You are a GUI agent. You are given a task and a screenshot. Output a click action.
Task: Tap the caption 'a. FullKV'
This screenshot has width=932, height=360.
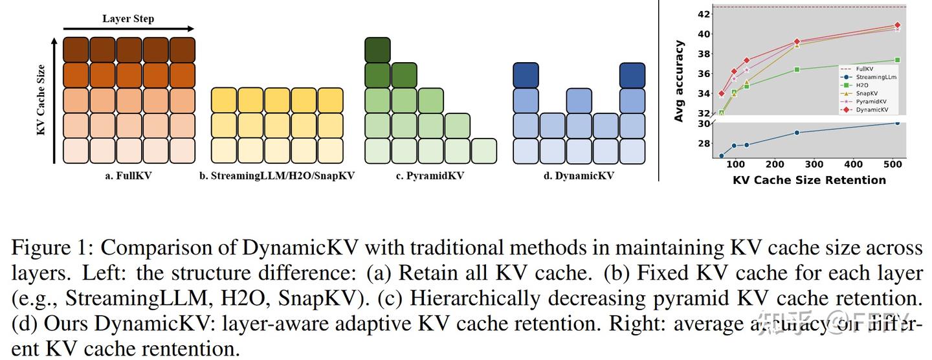click(128, 175)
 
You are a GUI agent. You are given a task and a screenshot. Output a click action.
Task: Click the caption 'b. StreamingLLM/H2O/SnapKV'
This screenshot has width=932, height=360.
click(277, 175)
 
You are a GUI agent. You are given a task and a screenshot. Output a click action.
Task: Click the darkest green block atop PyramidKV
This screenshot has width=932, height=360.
click(377, 50)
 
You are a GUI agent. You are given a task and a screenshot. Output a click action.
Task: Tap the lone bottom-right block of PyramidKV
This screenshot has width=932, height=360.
click(483, 151)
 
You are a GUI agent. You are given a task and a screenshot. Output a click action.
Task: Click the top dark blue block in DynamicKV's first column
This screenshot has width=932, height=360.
click(526, 75)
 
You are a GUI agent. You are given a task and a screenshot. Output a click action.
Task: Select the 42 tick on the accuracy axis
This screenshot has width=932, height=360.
click(702, 14)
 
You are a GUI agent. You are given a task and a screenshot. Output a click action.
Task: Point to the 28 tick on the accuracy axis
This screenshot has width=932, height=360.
click(702, 144)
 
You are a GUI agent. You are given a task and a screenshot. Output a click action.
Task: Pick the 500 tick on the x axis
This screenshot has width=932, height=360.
click(894, 165)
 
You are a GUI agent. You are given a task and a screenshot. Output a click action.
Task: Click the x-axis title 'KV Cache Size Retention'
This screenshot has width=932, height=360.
click(809, 180)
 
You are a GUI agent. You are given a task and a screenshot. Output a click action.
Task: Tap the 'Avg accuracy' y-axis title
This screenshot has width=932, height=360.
click(679, 82)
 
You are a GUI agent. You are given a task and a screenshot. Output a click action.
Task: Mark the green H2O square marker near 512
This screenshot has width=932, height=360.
click(897, 60)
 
